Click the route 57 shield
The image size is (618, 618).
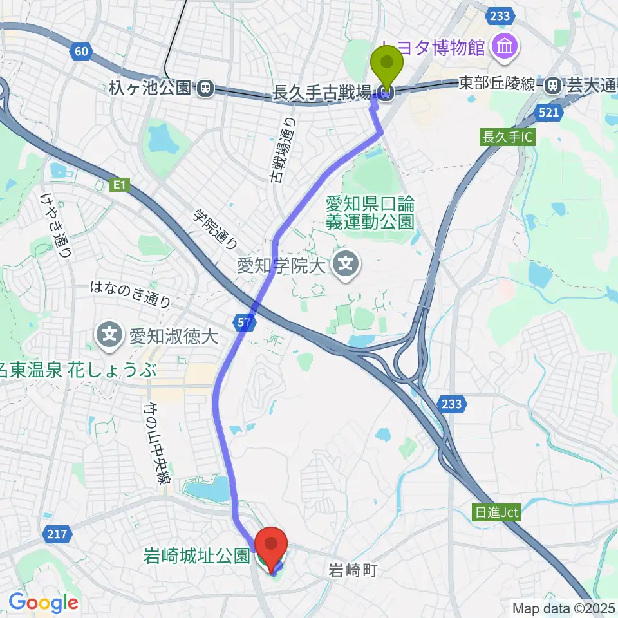pos(243,324)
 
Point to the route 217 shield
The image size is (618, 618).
pos(54,534)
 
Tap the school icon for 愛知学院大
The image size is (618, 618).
pos(346,264)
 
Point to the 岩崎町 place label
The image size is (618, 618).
pos(353,570)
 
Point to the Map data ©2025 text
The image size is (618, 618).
pos(563,608)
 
